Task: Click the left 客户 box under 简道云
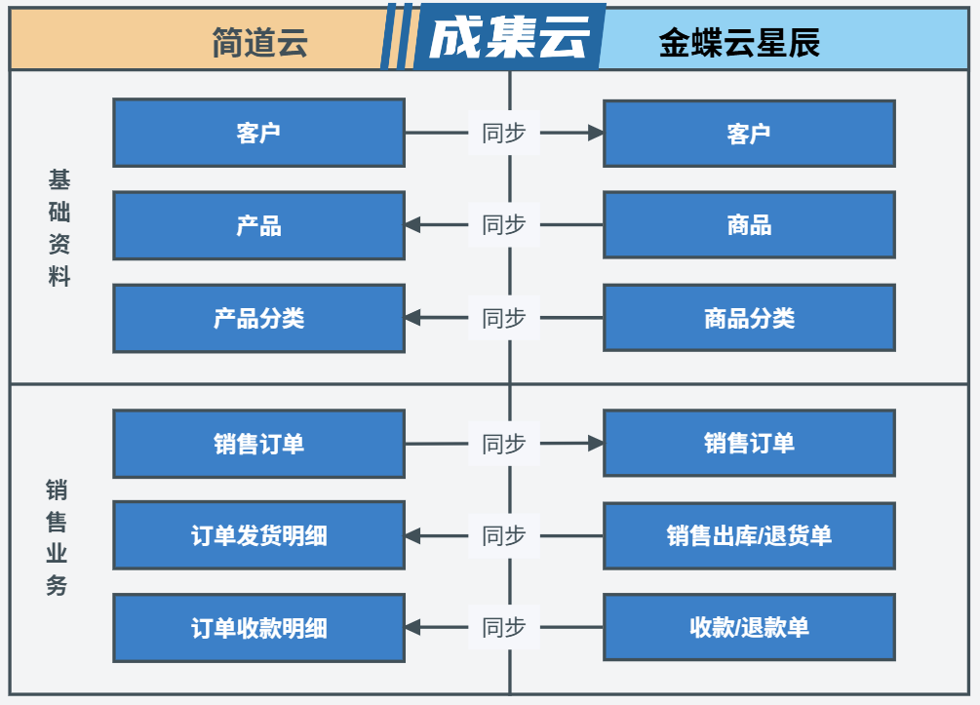point(258,133)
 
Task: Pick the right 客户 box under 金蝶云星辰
point(749,133)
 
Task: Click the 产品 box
point(258,225)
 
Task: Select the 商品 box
point(749,225)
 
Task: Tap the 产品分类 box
point(258,318)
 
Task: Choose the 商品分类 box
point(749,318)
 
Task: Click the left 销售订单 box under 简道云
point(258,444)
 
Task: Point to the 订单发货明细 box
point(258,535)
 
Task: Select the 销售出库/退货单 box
point(749,535)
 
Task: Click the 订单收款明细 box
point(258,628)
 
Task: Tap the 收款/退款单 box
point(749,628)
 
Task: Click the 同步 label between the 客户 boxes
point(504,133)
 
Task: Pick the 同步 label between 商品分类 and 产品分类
point(504,318)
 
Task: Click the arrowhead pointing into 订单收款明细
point(412,628)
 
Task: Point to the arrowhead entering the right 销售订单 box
point(596,444)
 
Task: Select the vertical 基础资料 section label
point(59,228)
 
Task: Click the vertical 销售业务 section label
point(58,537)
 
